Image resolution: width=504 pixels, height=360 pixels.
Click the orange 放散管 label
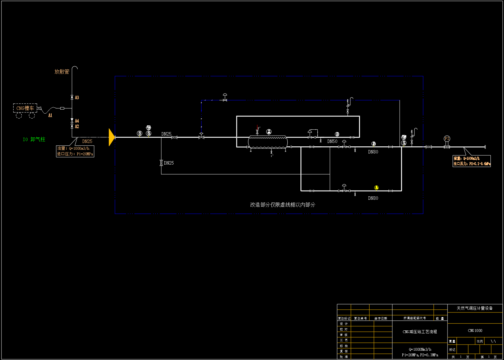tap(62, 72)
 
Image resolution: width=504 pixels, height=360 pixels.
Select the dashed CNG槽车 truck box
tap(25, 108)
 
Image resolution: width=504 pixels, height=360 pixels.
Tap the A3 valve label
tap(77, 98)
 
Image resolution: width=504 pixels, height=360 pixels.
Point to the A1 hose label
tap(50, 115)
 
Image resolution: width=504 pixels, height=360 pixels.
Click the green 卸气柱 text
tap(38, 140)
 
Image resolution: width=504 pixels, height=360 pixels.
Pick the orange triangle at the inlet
tap(112, 137)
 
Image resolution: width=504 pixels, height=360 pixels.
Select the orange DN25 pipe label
tap(87, 141)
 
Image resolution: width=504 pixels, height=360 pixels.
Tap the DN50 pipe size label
tap(332, 141)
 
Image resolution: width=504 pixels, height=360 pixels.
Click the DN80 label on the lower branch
tap(373, 198)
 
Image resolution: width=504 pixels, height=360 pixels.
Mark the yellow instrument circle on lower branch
tap(376, 188)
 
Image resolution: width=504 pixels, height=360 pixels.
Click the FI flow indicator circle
tap(447, 139)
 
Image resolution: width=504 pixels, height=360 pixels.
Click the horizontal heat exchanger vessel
tap(268, 142)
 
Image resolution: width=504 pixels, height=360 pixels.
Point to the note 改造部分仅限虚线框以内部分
tap(282, 205)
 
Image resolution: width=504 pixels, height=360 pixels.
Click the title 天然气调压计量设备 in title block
tap(475, 308)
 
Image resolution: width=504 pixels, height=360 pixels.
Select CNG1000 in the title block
tap(475, 331)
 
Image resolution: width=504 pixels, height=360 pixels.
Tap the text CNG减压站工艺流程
tap(420, 332)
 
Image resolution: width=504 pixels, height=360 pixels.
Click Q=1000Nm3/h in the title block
tap(420, 350)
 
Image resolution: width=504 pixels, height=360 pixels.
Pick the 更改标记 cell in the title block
tap(344, 318)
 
